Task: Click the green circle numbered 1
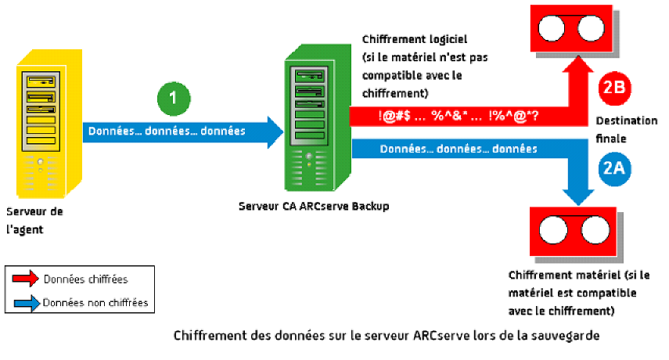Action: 174,99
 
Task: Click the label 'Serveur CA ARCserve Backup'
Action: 313,206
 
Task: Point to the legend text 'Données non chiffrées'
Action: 95,302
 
